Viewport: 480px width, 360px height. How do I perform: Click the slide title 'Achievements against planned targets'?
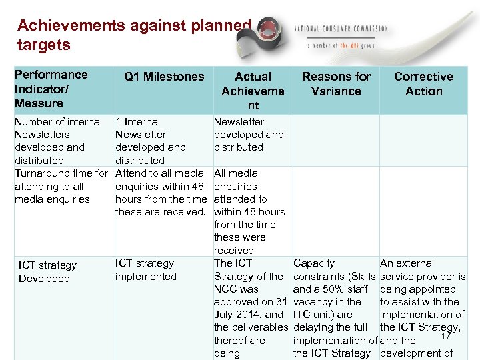coord(133,35)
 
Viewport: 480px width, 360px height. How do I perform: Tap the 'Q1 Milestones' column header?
coord(164,77)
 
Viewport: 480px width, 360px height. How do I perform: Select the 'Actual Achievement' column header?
coord(253,91)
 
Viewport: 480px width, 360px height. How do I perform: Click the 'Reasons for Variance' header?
coord(336,84)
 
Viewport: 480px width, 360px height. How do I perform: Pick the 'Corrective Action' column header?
coord(423,84)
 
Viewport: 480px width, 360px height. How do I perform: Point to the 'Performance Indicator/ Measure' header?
coord(51,89)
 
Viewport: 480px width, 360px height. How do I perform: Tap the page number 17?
coord(447,338)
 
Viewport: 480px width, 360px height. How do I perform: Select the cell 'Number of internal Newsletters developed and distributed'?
coord(58,141)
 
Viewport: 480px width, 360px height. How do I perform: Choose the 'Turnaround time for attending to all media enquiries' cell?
coord(60,186)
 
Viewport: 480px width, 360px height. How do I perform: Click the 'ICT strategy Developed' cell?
coord(47,272)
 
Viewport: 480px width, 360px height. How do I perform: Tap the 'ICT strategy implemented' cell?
coord(145,270)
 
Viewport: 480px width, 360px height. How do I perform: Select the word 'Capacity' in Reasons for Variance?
coord(314,263)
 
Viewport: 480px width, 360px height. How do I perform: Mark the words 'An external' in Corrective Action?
coord(407,263)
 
